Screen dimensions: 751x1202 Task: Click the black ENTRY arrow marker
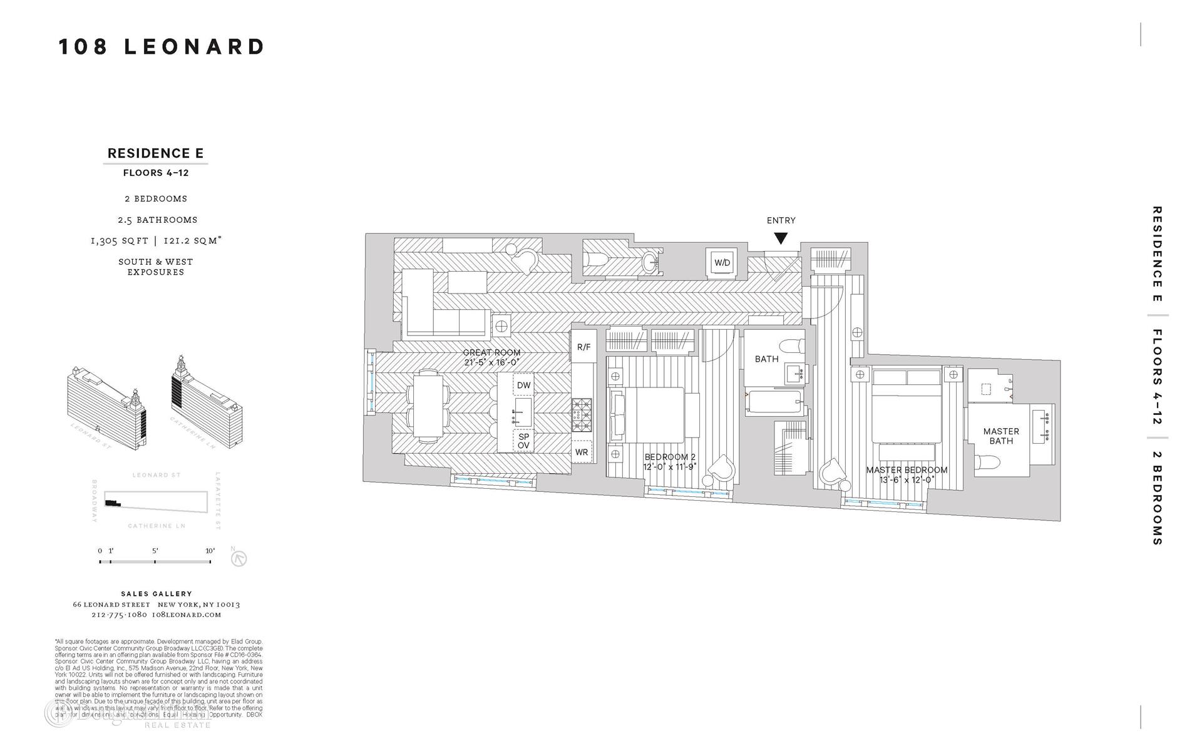pos(780,238)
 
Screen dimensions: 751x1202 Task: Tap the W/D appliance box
pos(722,263)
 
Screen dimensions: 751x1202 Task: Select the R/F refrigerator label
pos(583,347)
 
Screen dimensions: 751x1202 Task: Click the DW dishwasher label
pos(523,386)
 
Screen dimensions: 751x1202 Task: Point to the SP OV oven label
pos(523,441)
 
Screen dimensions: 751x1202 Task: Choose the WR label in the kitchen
pos(582,452)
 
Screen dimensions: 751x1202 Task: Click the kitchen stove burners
pos(582,416)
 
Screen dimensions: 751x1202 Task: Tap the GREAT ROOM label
pos(491,353)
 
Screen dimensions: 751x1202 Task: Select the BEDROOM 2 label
pos(670,457)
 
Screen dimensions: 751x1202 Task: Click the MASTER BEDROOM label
pos(907,470)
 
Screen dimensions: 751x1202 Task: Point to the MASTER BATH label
pos(1001,436)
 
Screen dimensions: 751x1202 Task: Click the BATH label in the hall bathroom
pos(766,359)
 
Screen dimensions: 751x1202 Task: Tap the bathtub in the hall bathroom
pos(774,402)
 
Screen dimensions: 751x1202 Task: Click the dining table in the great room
pos(428,405)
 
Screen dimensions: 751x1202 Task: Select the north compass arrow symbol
pos(239,558)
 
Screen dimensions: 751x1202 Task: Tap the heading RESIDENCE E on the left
pos(155,153)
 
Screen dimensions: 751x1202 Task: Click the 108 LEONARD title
pos(162,47)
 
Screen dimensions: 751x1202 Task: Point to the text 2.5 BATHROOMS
pos(156,220)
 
